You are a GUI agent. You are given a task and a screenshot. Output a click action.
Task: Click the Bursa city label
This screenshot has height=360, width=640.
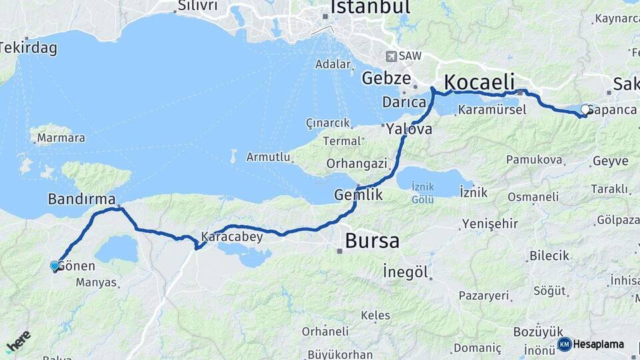pos(372,241)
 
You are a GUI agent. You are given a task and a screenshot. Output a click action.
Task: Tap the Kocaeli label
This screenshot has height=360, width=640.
pos(479,82)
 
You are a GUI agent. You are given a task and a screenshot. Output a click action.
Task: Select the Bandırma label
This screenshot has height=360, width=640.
pos(81,199)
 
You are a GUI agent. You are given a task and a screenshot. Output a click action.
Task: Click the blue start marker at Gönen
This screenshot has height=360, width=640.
pos(55,265)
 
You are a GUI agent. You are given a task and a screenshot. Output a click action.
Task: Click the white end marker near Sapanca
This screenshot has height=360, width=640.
pos(585,109)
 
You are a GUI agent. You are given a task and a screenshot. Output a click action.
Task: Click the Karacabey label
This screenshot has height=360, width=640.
pos(232,237)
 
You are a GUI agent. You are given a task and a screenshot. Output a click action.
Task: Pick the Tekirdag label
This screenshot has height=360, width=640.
pos(28,48)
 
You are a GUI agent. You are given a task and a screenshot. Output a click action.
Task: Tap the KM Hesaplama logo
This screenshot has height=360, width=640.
pos(591,344)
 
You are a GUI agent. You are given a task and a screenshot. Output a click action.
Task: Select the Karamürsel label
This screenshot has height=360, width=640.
pos(493,109)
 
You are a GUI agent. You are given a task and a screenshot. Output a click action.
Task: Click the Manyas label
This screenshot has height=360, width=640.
pos(96,282)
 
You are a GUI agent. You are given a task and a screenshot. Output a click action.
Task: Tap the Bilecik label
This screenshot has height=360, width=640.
pos(549,255)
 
